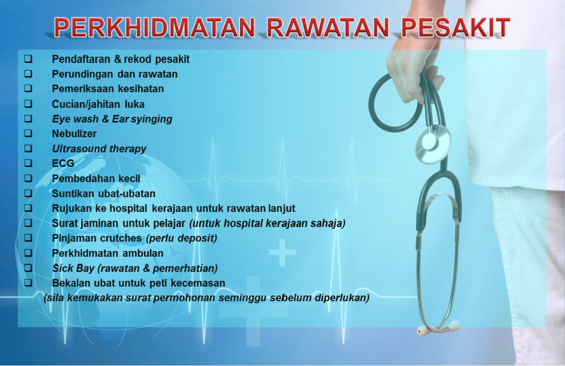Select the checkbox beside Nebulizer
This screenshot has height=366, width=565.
(x=28, y=133)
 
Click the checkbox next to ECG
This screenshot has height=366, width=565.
(x=28, y=163)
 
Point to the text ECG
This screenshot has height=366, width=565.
(x=63, y=164)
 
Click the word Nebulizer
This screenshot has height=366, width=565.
(x=74, y=134)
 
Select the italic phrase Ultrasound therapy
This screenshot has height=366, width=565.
(x=99, y=149)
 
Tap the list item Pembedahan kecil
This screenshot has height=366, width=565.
(x=96, y=179)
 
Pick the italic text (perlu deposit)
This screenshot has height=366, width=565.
(x=182, y=238)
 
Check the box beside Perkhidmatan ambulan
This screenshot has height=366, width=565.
(x=28, y=253)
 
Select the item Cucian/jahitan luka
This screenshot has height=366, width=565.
(x=98, y=104)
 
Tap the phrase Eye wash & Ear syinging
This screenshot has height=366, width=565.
(x=112, y=119)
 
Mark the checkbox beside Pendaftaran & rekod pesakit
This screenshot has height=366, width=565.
(x=28, y=59)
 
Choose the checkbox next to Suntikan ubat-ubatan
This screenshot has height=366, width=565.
(x=28, y=194)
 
